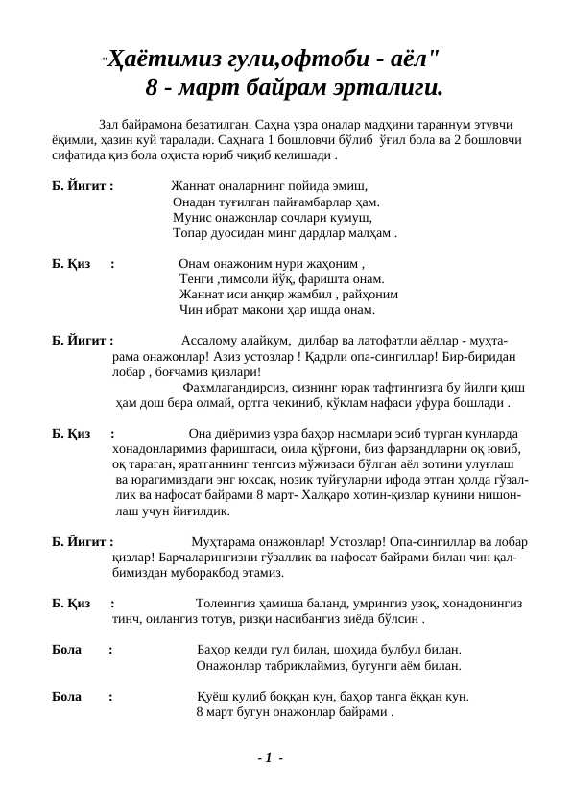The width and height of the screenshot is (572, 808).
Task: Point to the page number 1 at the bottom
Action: pyautogui.click(x=270, y=758)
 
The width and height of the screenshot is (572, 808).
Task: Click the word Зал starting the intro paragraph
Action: pyautogui.click(x=109, y=125)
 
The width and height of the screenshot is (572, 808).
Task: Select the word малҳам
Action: pyautogui.click(x=370, y=233)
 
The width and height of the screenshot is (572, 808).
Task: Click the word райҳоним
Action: pyautogui.click(x=374, y=295)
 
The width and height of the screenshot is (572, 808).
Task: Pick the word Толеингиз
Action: pyautogui.click(x=227, y=604)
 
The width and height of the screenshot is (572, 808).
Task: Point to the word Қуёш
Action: pyautogui.click(x=212, y=696)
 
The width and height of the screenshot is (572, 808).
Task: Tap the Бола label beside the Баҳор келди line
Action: pyautogui.click(x=66, y=650)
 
